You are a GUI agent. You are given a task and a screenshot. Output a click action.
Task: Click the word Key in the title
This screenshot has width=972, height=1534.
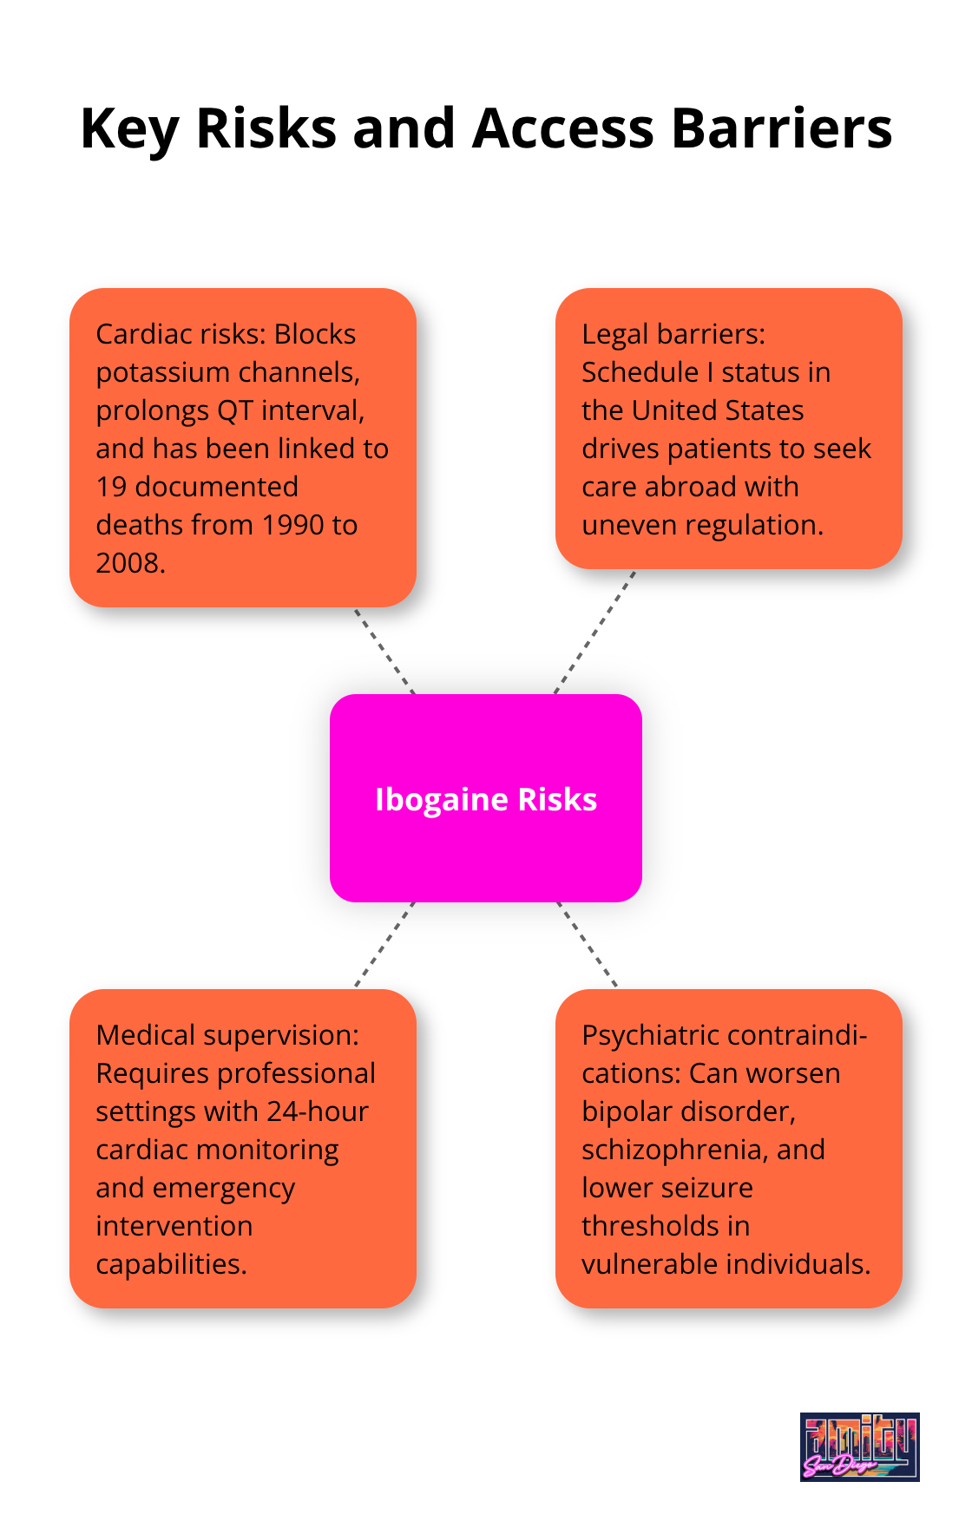point(129,128)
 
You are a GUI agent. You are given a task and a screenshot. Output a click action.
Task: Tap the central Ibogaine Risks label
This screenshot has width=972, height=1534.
point(486,799)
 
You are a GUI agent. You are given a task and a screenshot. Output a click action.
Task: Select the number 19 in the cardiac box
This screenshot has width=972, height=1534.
point(111,487)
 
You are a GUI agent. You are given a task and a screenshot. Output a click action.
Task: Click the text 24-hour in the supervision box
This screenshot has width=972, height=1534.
point(318,1111)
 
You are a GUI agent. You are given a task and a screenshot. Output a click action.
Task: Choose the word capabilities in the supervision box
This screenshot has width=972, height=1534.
point(171,1264)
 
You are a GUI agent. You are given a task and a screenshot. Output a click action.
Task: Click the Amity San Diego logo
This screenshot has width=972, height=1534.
point(859,1446)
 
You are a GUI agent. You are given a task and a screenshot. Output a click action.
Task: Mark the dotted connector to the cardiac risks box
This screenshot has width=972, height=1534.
point(384,651)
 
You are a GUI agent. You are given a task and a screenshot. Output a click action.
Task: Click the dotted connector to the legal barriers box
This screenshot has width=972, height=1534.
point(595,632)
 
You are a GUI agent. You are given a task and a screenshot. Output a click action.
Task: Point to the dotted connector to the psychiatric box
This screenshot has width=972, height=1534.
point(587,944)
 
